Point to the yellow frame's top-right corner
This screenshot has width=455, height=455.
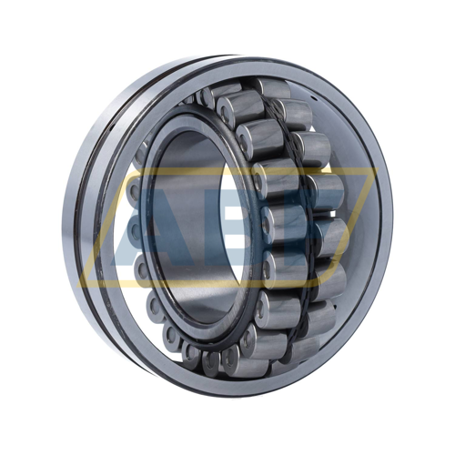(377, 168)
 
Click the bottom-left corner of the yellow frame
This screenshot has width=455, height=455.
(78, 286)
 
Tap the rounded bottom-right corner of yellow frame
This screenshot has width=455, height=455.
(321, 284)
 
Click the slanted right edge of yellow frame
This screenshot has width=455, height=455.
(349, 227)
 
